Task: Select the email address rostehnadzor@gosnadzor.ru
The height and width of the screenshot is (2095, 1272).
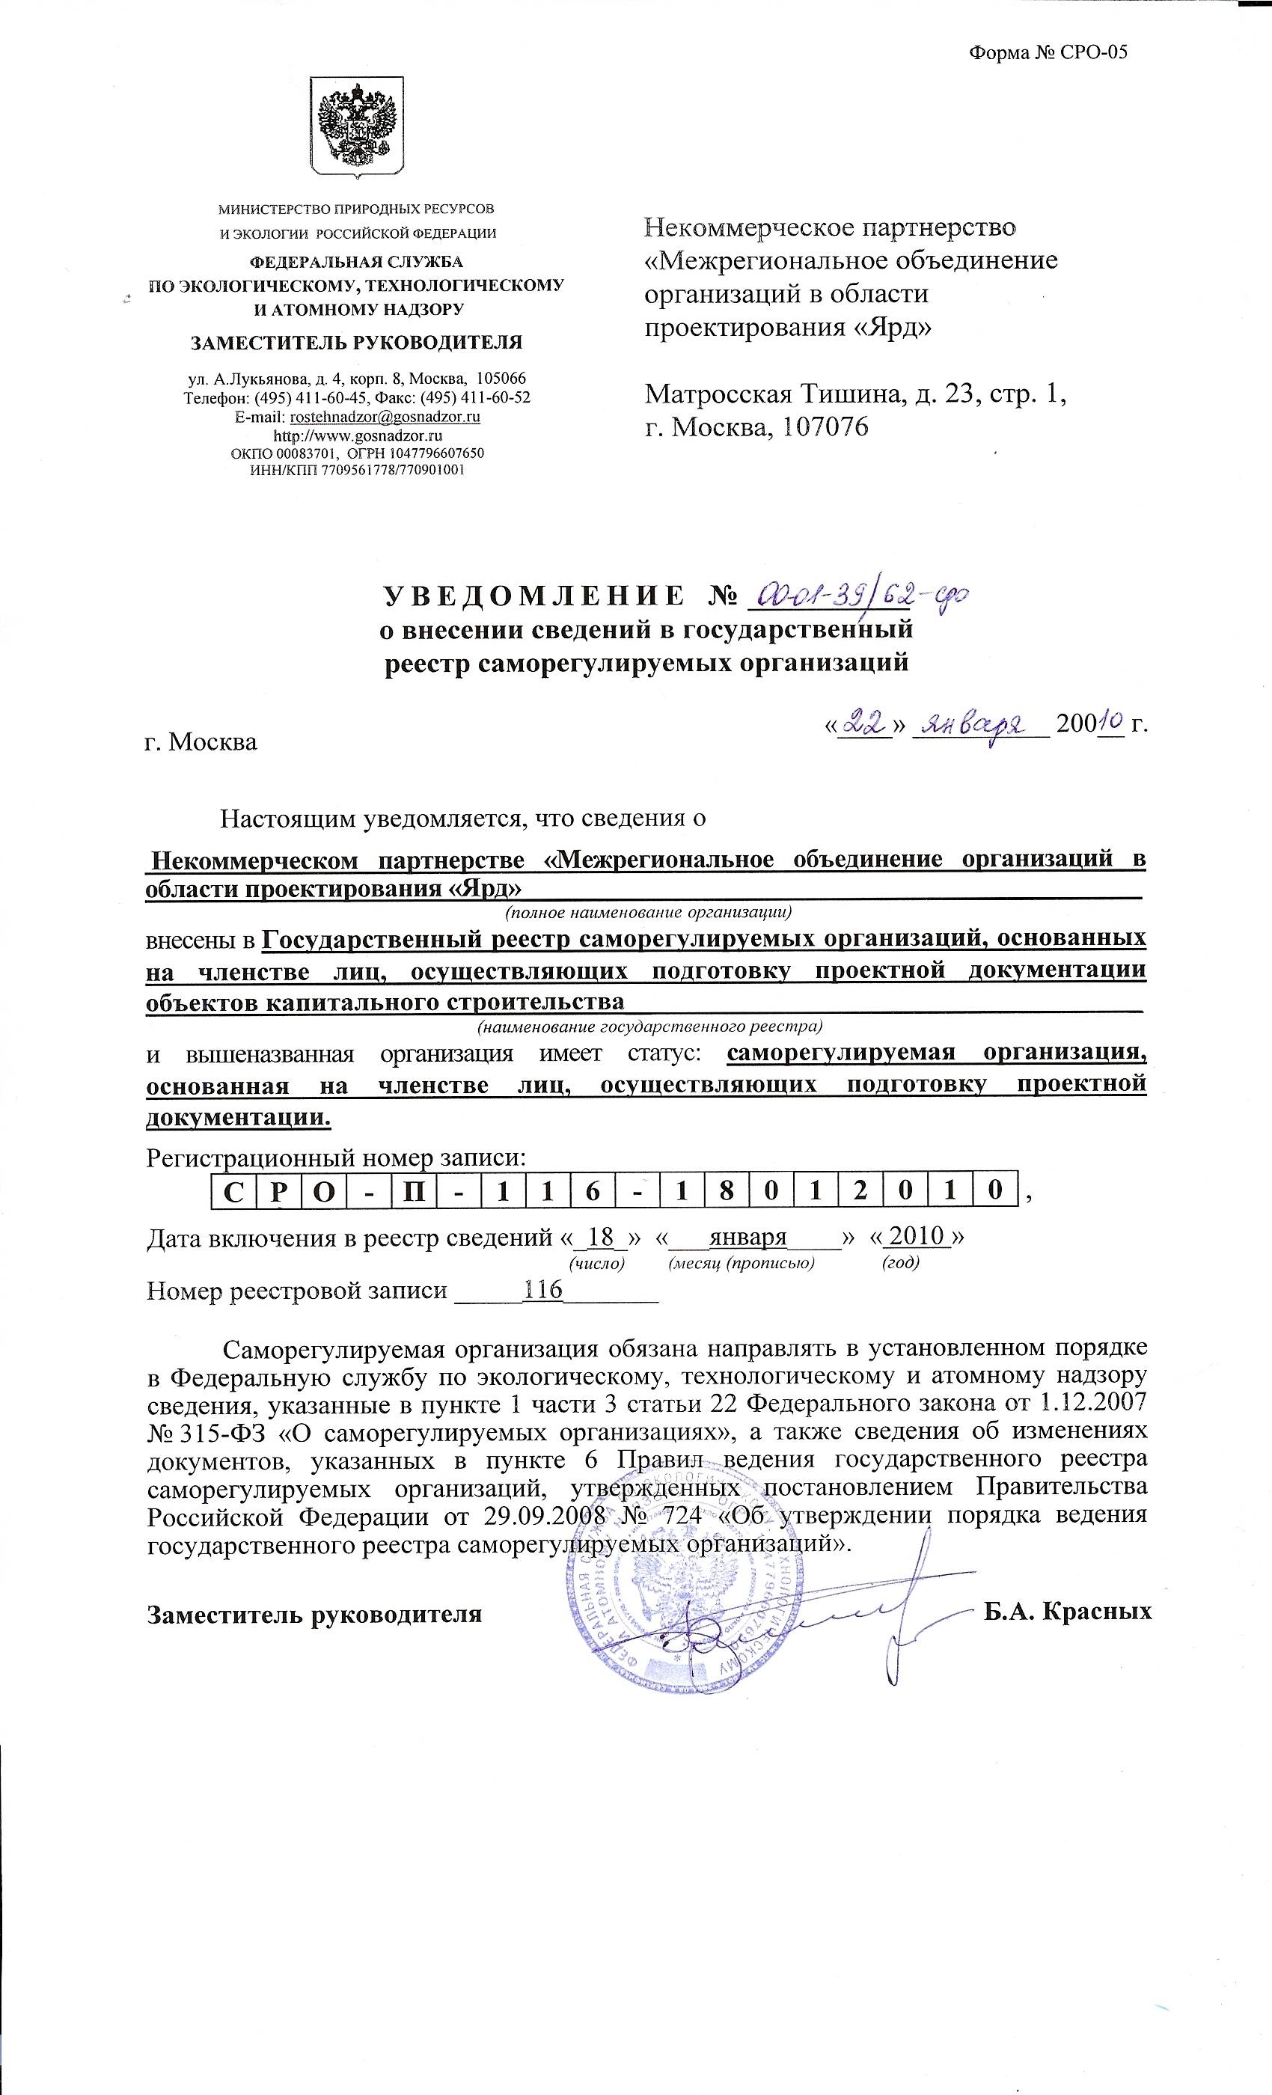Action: point(385,418)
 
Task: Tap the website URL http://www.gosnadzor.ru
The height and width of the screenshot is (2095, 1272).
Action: point(357,435)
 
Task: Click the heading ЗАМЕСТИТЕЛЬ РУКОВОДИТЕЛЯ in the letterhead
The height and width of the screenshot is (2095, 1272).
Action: point(356,343)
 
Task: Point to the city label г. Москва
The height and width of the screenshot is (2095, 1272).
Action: point(201,741)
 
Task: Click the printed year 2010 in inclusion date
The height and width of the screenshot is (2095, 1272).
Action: point(923,1235)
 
